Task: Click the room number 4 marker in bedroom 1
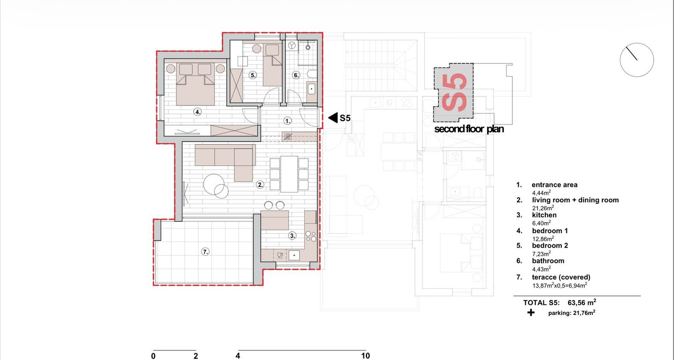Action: (x=198, y=112)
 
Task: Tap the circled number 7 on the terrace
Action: (x=205, y=252)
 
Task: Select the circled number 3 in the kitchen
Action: (x=292, y=236)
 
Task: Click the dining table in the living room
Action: (x=289, y=174)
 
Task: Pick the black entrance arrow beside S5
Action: (x=333, y=118)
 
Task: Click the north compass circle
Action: (x=637, y=60)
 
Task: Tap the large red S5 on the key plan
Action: (x=455, y=93)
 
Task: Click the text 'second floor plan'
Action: (x=469, y=129)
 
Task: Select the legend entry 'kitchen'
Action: (x=544, y=215)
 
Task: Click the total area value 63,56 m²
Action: (x=582, y=302)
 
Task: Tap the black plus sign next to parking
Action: (x=531, y=313)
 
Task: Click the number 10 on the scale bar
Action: (x=365, y=356)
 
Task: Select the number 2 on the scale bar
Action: (x=195, y=356)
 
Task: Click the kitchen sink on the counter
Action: (x=294, y=255)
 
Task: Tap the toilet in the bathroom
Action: (x=312, y=74)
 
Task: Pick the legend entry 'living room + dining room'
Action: (x=575, y=200)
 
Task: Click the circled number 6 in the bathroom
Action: (x=296, y=75)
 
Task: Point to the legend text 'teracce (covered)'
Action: (x=561, y=277)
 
